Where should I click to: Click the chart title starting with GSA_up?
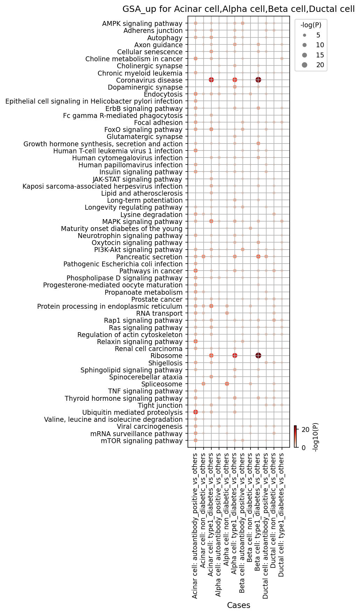238,9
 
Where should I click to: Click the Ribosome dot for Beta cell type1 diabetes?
258,356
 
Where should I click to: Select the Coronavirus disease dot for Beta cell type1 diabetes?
258,80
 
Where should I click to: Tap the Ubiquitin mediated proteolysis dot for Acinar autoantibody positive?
196,412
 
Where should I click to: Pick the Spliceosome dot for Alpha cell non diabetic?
227,384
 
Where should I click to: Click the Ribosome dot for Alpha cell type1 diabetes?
235,356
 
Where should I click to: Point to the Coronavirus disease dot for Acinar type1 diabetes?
211,80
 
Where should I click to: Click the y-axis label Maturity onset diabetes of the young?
122,229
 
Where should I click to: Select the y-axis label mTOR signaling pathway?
142,441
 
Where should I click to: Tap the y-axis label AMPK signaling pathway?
142,24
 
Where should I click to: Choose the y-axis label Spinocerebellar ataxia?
146,377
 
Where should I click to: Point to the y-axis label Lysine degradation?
151,215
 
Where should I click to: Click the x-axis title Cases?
239,605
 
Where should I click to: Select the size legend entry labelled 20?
311,65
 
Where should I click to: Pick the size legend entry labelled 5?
311,35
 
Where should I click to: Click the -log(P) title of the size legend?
311,25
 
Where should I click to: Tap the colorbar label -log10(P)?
316,437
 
